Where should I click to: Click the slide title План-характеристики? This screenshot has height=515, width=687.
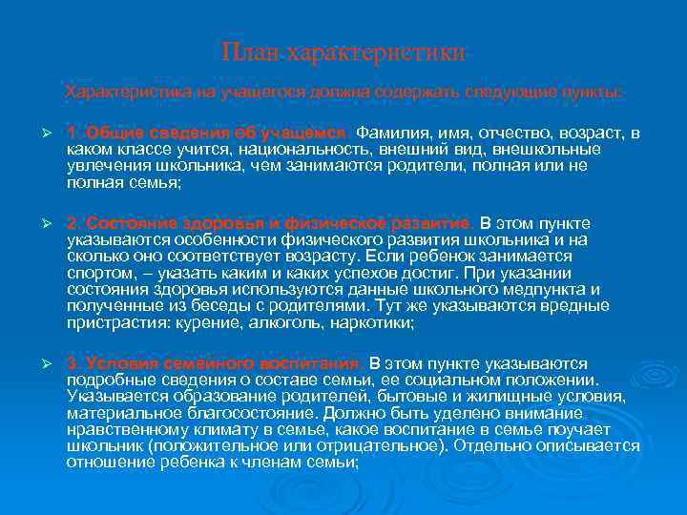[343, 51]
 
